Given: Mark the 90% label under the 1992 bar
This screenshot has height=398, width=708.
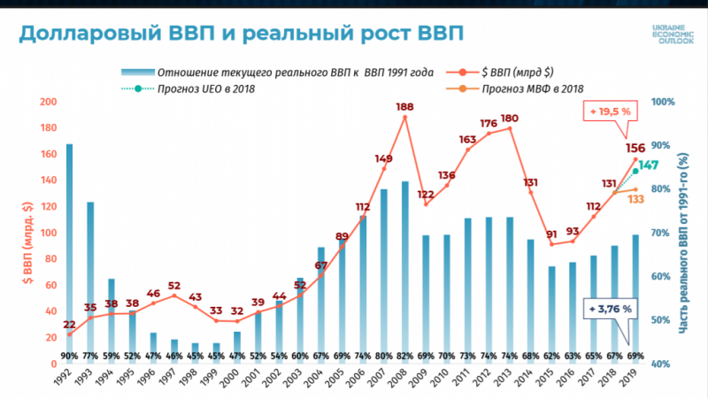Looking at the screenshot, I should (x=69, y=355).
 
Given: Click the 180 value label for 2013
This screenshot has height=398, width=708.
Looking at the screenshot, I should (x=509, y=119).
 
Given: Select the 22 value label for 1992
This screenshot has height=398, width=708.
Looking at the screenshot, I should (x=69, y=325).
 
